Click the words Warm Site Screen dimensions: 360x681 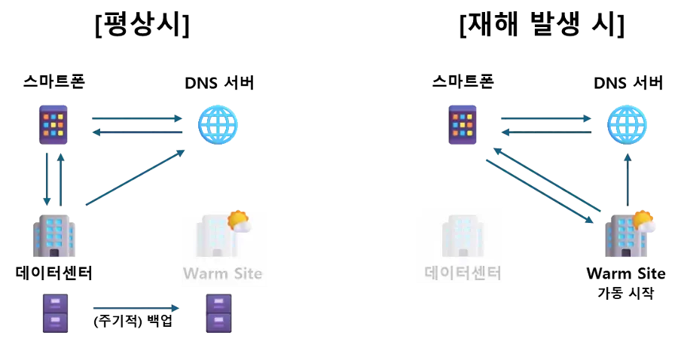coord(224,273)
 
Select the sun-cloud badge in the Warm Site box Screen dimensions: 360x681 coord(239,221)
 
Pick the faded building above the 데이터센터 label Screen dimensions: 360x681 coord(458,235)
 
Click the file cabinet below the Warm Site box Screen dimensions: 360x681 coord(219,313)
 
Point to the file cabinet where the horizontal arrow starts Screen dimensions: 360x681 coord(55,313)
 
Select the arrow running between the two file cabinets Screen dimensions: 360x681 coord(136,308)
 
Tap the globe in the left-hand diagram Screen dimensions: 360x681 coord(218,125)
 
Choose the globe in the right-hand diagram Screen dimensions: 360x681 coord(628,124)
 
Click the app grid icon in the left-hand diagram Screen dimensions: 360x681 coord(54,124)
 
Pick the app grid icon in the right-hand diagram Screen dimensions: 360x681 coord(464,124)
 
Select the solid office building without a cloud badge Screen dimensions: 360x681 coord(54,236)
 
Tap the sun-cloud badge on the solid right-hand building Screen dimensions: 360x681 coord(643,221)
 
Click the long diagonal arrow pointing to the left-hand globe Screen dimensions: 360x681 coord(136,177)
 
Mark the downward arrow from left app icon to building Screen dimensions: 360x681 coord(47,179)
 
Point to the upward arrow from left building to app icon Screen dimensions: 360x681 coord(61,179)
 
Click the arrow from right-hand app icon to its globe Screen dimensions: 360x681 coord(546,118)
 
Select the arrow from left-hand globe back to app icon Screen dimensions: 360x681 coord(137,133)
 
